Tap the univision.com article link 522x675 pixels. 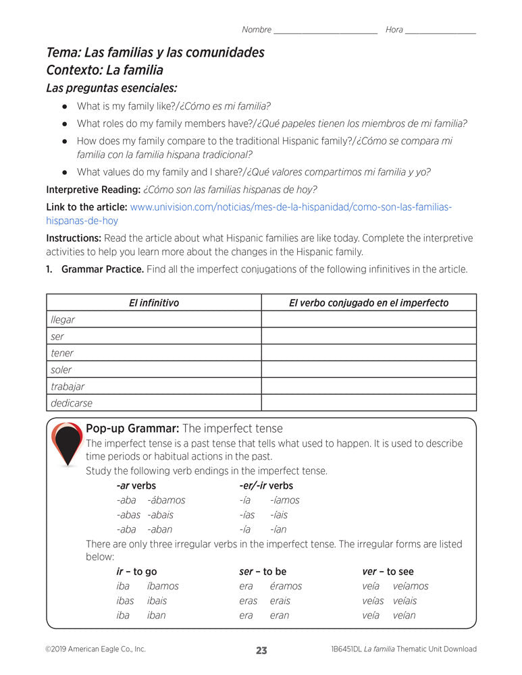pyautogui.click(x=290, y=207)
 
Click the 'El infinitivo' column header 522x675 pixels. pyautogui.click(x=154, y=303)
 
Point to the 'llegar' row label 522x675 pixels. pyautogui.click(x=63, y=320)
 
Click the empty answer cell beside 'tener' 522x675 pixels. pyautogui.click(x=368, y=353)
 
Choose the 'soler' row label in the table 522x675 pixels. pyautogui.click(x=61, y=370)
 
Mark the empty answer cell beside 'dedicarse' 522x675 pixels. pyautogui.click(x=368, y=403)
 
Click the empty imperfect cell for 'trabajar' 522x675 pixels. pyautogui.click(x=368, y=387)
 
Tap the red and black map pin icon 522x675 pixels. pyautogui.click(x=67, y=444)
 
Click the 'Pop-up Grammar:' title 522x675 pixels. pyautogui.click(x=132, y=429)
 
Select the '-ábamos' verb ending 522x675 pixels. pyautogui.click(x=166, y=500)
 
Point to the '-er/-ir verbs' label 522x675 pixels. pyautogui.click(x=266, y=485)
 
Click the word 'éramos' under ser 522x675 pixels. pyautogui.click(x=286, y=586)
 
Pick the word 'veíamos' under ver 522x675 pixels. pyautogui.click(x=411, y=586)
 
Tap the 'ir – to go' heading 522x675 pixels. pyautogui.click(x=136, y=572)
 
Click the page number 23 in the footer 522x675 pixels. pyautogui.click(x=261, y=650)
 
